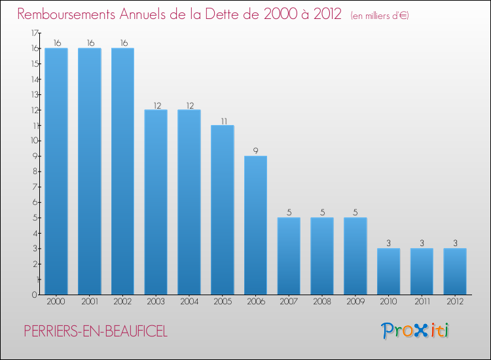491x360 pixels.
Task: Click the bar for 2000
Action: pyautogui.click(x=56, y=171)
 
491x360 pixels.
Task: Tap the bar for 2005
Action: pyautogui.click(x=223, y=209)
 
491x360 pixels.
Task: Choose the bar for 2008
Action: pyautogui.click(x=322, y=255)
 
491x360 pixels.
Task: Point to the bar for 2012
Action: pyautogui.click(x=455, y=271)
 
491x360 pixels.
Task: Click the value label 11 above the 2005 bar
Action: pyautogui.click(x=223, y=120)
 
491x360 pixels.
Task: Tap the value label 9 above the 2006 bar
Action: pyautogui.click(x=255, y=151)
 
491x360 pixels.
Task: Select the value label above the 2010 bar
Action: pyautogui.click(x=388, y=243)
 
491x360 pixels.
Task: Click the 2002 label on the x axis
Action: pyautogui.click(x=122, y=302)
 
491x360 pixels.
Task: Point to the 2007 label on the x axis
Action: pyautogui.click(x=289, y=302)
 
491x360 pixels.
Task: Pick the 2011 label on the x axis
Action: pyautogui.click(x=422, y=302)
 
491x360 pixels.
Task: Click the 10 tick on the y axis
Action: pyautogui.click(x=34, y=141)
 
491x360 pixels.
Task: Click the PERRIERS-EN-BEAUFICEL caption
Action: pyautogui.click(x=96, y=332)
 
